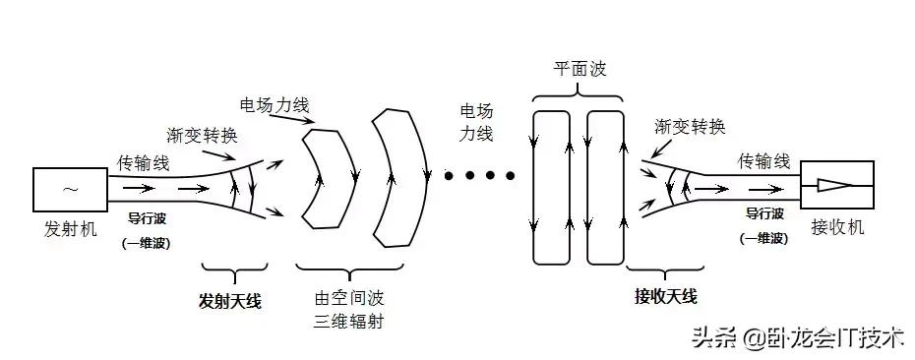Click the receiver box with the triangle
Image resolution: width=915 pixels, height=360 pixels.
[x=836, y=184]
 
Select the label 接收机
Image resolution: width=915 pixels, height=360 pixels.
[x=837, y=227]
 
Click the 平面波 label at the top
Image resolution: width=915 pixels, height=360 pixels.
[x=578, y=71]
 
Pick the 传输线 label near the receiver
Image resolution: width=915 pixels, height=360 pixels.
[x=764, y=160]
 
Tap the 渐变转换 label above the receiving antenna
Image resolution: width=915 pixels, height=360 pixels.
[x=691, y=127]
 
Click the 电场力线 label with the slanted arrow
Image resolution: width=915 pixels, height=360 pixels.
[x=272, y=103]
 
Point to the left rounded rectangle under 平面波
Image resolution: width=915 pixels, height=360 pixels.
[x=550, y=187]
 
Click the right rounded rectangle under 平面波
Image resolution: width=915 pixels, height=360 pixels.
[x=606, y=187]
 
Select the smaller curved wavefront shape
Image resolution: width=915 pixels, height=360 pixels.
[x=327, y=177]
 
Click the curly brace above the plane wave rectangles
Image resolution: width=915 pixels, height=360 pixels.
[x=578, y=94]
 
